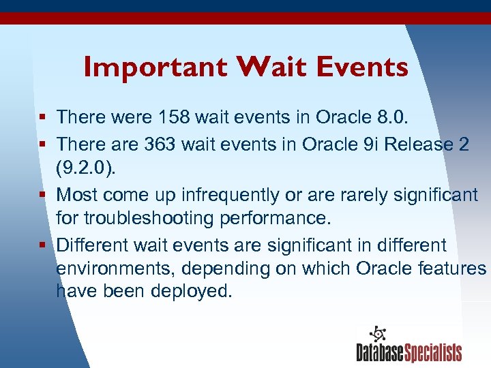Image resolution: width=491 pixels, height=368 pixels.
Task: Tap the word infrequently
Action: pyautogui.click(x=230, y=195)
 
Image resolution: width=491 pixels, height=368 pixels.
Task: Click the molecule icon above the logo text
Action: pyautogui.click(x=377, y=335)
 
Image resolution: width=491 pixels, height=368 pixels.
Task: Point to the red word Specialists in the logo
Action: pyautogui.click(x=433, y=352)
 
